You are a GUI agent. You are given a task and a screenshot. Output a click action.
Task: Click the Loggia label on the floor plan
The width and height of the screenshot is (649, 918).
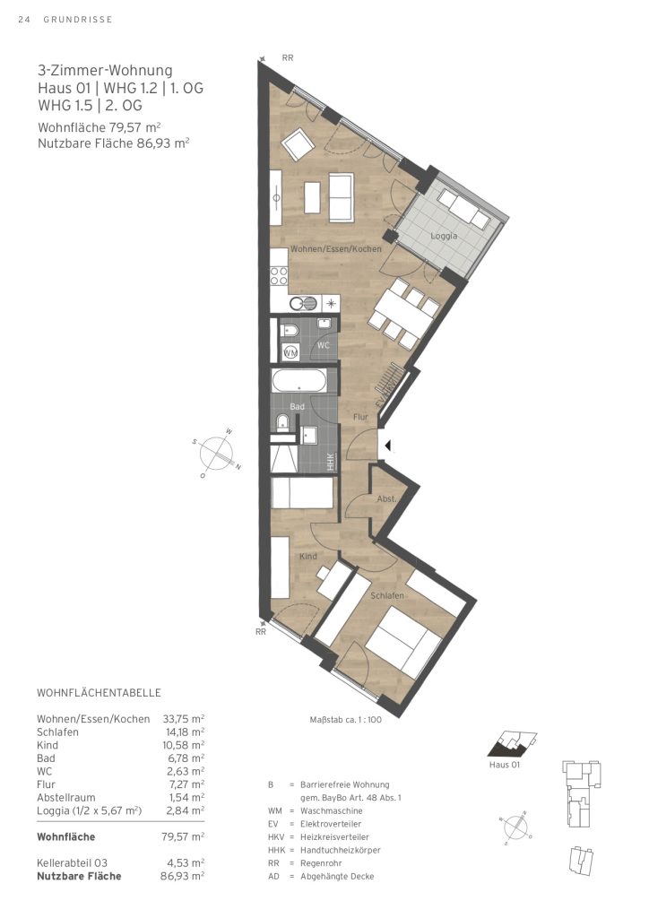(x=444, y=236)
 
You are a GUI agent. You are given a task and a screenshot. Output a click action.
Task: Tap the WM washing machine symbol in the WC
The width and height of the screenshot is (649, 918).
(x=290, y=352)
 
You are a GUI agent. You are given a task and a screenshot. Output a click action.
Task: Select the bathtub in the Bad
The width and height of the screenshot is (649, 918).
(x=299, y=382)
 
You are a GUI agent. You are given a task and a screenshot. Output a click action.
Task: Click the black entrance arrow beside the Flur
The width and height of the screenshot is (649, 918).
(x=388, y=446)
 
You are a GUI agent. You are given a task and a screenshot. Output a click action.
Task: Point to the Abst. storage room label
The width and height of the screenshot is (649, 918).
(x=387, y=499)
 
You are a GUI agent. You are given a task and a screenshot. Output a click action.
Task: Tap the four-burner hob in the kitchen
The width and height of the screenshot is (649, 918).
(x=279, y=276)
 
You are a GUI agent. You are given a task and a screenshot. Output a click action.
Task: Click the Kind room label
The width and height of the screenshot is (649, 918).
(x=307, y=556)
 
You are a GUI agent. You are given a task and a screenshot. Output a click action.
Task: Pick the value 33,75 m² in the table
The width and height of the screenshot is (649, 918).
(x=183, y=719)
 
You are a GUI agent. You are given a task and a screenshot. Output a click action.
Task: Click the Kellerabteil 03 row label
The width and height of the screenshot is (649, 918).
(x=72, y=863)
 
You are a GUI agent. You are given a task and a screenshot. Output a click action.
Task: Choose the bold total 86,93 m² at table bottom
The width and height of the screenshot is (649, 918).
(x=182, y=877)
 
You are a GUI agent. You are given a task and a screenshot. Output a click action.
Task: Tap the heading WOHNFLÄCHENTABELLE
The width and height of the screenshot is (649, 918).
(x=99, y=693)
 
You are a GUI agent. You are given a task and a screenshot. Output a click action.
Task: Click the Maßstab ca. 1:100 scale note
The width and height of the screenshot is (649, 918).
(x=345, y=720)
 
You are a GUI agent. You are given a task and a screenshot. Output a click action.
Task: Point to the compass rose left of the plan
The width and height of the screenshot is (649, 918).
(x=217, y=454)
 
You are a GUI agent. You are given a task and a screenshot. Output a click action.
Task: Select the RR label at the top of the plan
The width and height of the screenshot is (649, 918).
(x=288, y=58)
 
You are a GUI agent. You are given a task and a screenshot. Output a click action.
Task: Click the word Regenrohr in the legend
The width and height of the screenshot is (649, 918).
(x=321, y=863)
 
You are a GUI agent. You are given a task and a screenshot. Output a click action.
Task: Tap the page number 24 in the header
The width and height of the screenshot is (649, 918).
(x=23, y=20)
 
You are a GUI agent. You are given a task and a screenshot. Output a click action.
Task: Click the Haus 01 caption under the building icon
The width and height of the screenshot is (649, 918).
(x=504, y=765)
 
